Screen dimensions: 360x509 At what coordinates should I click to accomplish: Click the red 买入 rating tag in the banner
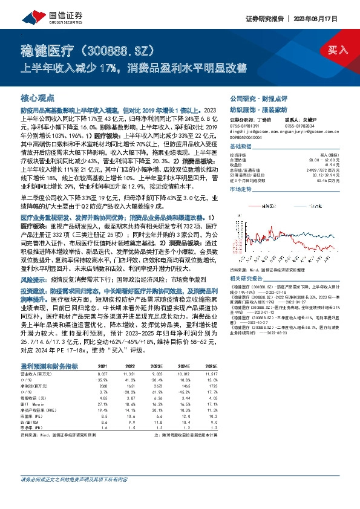pyautogui.click(x=336, y=49)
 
